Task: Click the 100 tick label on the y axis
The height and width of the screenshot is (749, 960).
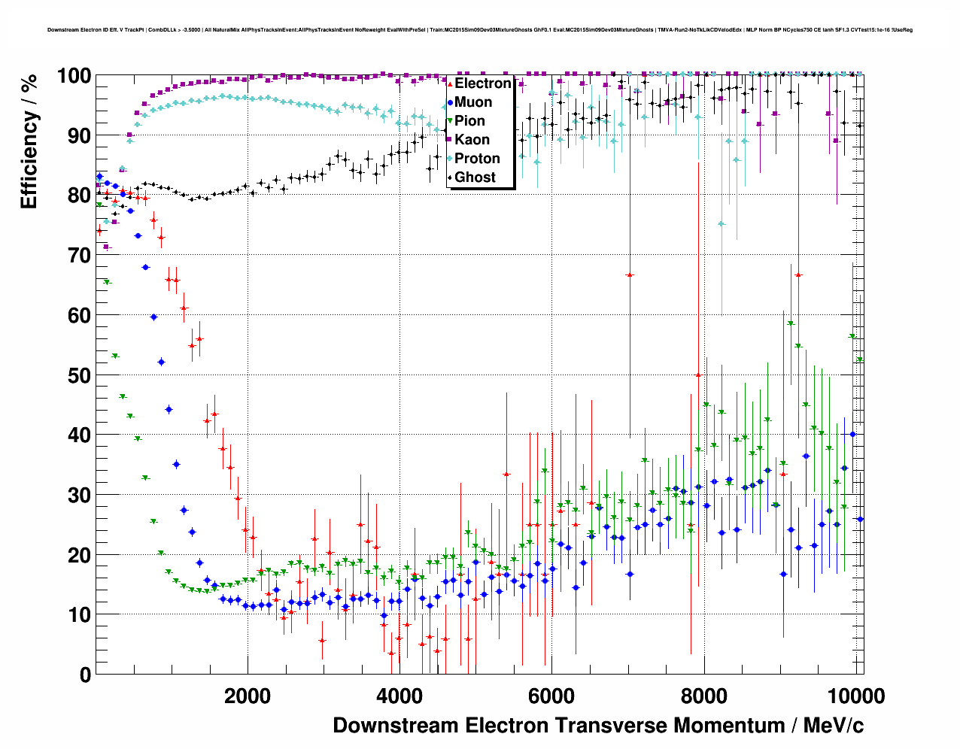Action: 74,76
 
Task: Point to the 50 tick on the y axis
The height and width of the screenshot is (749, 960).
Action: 80,375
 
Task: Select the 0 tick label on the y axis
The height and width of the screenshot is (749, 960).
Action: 85,675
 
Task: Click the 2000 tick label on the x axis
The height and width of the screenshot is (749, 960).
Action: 248,696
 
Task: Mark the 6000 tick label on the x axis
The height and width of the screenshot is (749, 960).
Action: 551,696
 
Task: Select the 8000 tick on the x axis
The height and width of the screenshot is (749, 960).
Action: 704,696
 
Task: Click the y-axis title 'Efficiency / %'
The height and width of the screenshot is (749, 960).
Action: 29,141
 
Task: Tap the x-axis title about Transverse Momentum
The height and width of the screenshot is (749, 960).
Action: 598,726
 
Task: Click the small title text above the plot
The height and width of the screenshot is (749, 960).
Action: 480,30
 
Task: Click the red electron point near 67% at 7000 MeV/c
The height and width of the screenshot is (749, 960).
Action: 630,275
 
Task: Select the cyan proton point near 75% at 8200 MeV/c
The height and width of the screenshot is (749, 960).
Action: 722,223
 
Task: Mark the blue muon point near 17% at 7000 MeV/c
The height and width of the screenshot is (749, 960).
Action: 630,574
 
